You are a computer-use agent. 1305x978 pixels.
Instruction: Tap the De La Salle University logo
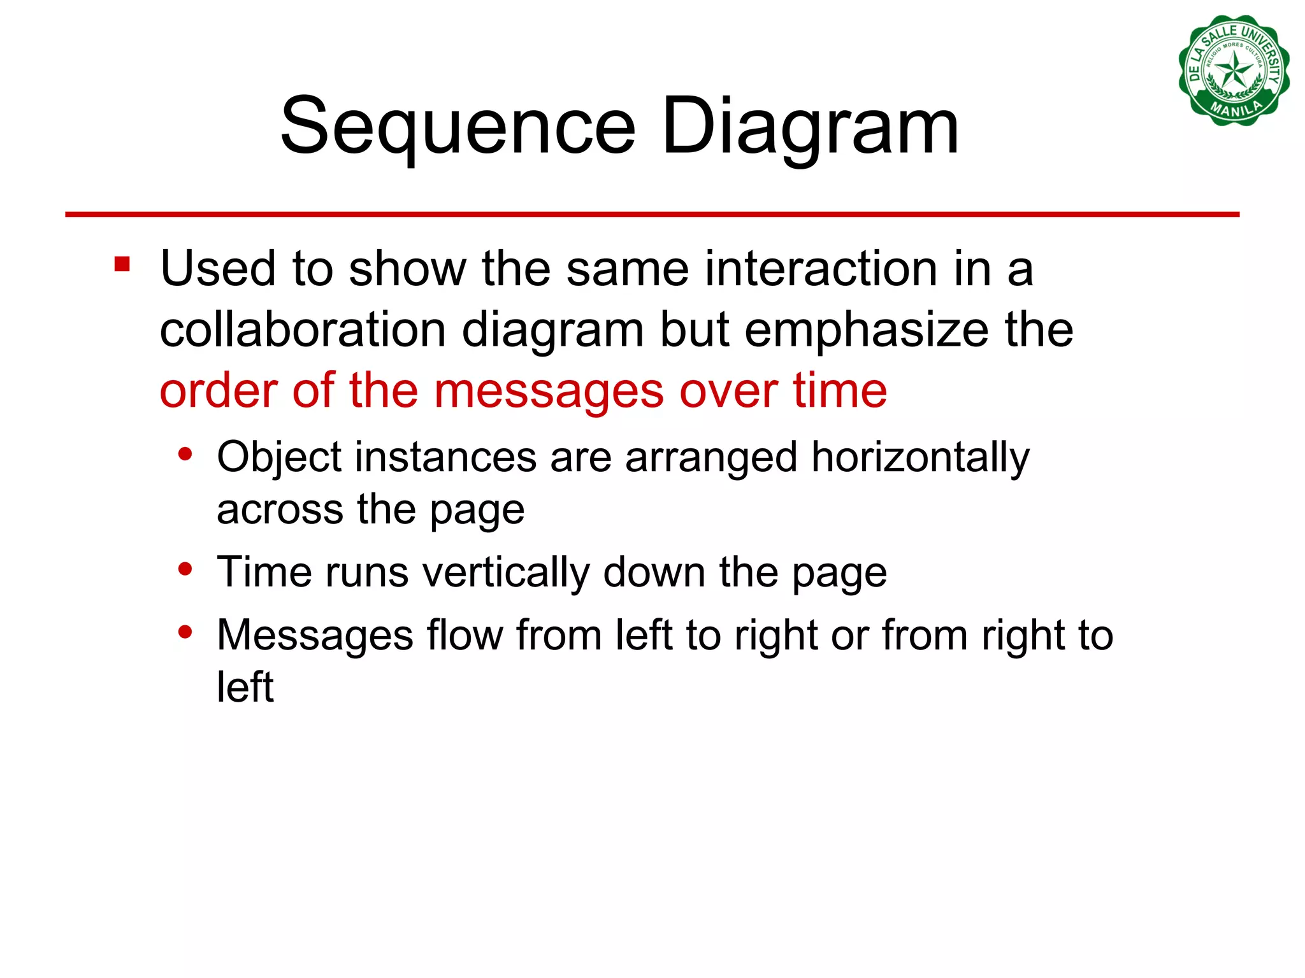(1234, 70)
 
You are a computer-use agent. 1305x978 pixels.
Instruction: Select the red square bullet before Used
(122, 264)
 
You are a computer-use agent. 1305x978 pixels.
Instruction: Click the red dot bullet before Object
(185, 454)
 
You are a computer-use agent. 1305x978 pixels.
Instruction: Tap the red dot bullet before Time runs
(185, 568)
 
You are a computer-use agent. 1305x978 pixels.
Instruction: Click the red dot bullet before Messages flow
(185, 632)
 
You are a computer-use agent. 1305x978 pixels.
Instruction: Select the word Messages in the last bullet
(315, 635)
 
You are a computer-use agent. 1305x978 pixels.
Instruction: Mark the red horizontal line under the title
(652, 215)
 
